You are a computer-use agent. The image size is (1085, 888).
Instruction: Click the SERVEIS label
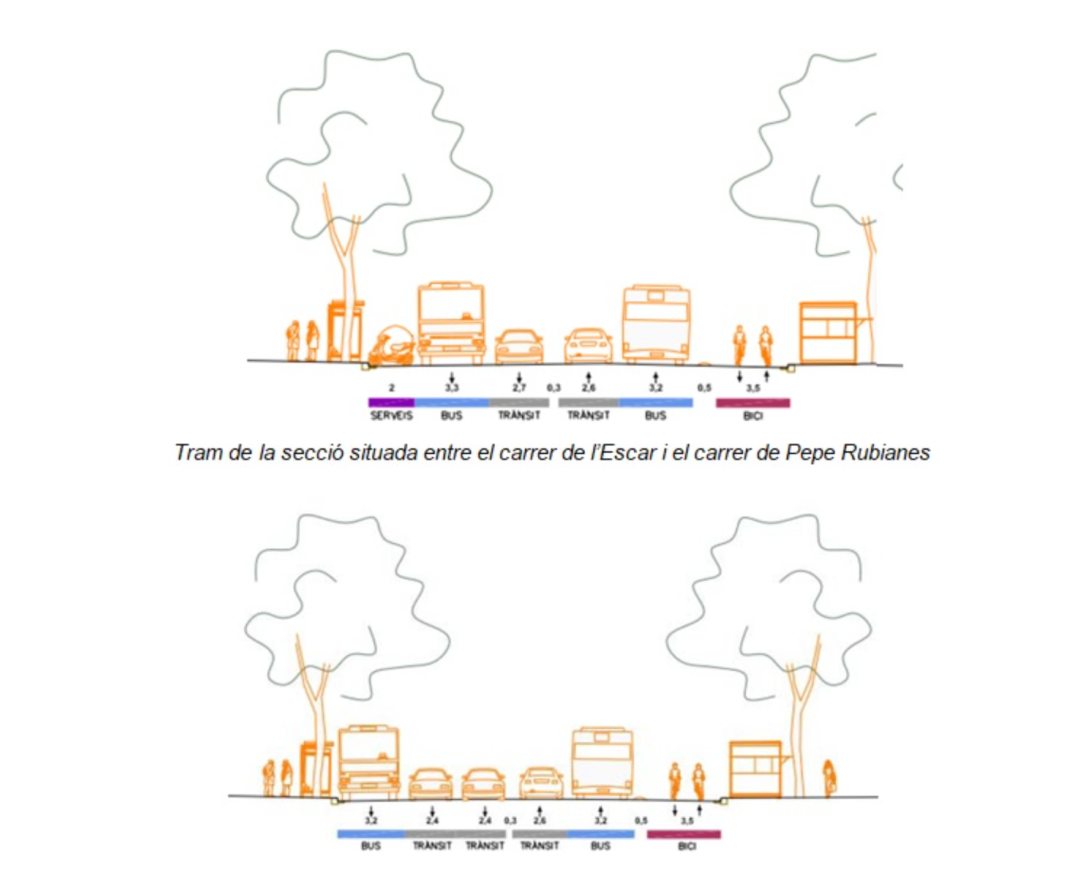coord(391,415)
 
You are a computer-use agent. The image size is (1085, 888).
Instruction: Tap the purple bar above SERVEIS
coord(391,402)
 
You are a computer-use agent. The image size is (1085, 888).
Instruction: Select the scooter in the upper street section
coord(392,347)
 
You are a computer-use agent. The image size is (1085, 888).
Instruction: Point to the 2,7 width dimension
coord(519,388)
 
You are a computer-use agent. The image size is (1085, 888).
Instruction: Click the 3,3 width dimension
coord(452,388)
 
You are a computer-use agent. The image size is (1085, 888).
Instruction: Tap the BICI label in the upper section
coord(753,416)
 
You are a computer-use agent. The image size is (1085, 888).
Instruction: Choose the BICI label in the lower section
coord(687,846)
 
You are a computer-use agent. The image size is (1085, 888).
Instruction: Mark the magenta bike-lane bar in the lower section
coord(684,834)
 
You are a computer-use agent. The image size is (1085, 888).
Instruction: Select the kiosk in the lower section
coord(756,769)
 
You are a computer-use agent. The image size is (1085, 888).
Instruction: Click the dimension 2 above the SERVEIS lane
coord(392,388)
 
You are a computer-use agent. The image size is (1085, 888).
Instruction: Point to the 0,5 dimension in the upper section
coord(704,388)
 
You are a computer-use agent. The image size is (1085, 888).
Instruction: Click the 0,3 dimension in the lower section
coord(510,821)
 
